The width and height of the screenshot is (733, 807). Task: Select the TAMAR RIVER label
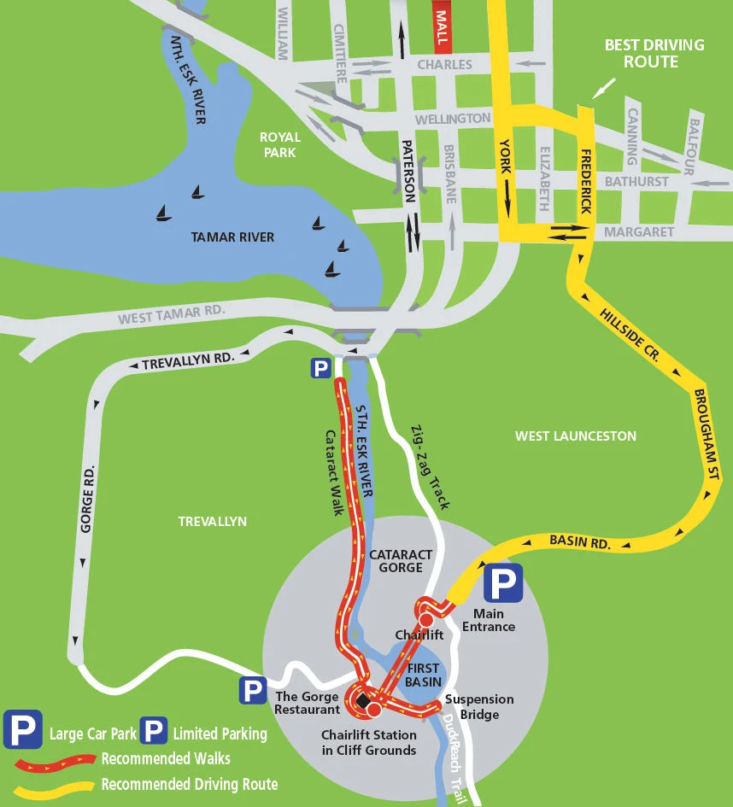click(x=233, y=237)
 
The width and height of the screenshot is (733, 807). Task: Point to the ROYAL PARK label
click(x=280, y=144)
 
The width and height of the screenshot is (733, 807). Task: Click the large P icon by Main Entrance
click(x=503, y=585)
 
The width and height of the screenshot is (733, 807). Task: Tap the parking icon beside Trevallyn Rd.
click(x=320, y=368)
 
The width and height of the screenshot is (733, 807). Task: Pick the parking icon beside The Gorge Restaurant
click(x=252, y=690)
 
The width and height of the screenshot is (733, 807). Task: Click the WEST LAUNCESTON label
click(x=575, y=436)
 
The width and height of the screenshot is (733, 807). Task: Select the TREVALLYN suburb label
click(x=212, y=521)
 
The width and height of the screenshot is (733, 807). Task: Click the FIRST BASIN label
click(x=422, y=675)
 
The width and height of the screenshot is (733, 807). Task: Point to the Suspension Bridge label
click(x=479, y=706)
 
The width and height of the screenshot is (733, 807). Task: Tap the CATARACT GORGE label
click(x=396, y=561)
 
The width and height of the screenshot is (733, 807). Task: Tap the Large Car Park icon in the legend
click(x=23, y=732)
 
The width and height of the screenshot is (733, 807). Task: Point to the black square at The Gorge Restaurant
click(x=362, y=700)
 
